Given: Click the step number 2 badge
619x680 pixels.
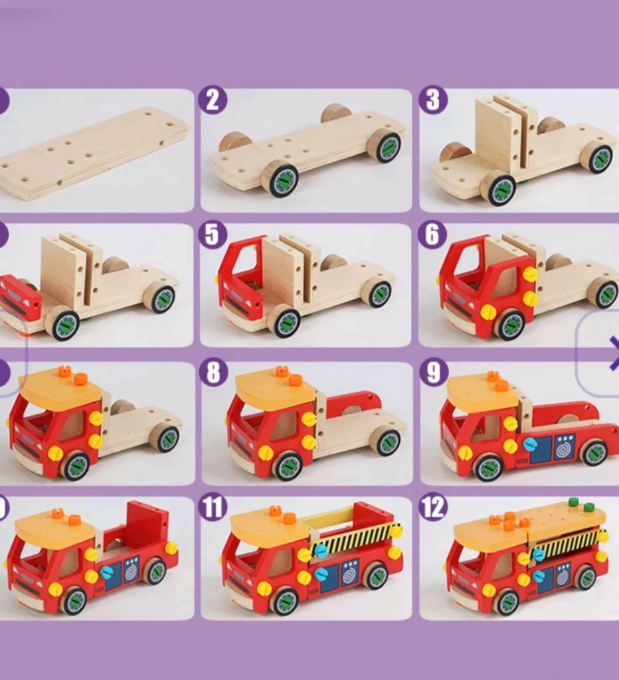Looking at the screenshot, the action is (213, 100).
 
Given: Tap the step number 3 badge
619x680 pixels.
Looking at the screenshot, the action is (432, 100).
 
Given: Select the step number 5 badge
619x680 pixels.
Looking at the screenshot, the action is (212, 234).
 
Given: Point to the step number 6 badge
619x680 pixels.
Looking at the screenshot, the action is (432, 234).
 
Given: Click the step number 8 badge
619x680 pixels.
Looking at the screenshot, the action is (213, 373).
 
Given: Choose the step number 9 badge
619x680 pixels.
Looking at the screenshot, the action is (434, 373).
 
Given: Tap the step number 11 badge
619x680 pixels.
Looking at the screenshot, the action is (213, 507).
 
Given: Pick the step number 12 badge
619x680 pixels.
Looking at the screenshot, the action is (433, 507).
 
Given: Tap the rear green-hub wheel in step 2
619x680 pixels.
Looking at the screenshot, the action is (385, 145).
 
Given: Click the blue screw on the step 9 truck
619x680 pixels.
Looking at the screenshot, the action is (529, 444).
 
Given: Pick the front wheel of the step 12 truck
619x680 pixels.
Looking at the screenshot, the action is (507, 602).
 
